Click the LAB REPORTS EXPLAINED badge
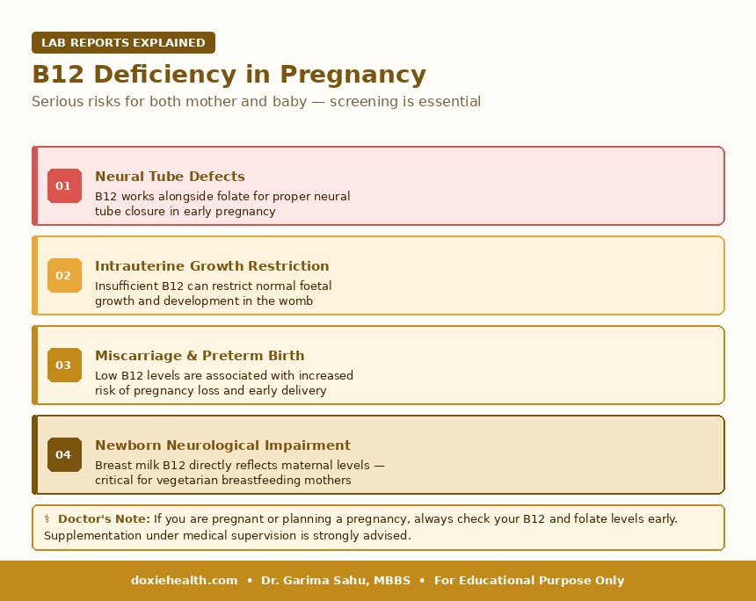[x=123, y=43]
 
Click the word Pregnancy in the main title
[x=353, y=75]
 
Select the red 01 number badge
[x=64, y=185]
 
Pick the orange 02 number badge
[x=64, y=275]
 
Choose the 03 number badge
[x=64, y=365]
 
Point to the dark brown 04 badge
[x=64, y=454]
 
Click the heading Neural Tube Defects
[x=170, y=177]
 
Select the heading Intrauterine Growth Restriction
[x=212, y=266]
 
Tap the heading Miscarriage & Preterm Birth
[x=200, y=356]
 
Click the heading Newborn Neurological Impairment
[x=222, y=445]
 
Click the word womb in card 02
[x=299, y=301]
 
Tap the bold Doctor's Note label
[x=104, y=519]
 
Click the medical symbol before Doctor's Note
[x=47, y=519]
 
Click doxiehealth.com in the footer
[x=185, y=581]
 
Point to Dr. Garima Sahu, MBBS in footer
[x=336, y=581]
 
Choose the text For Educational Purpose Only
[x=529, y=581]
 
